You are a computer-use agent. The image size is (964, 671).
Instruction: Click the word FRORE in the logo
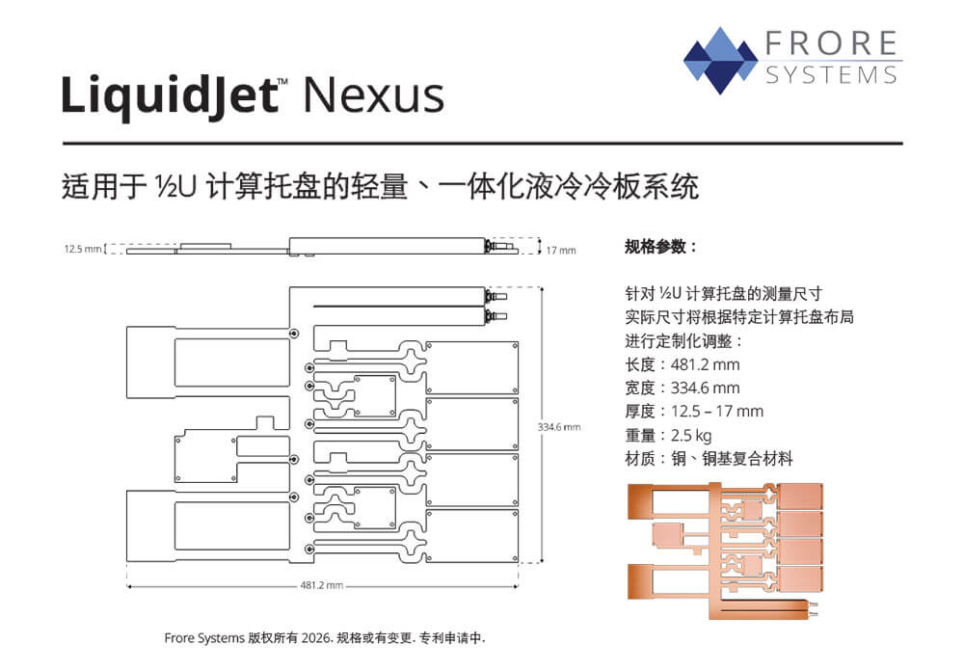pyautogui.click(x=832, y=44)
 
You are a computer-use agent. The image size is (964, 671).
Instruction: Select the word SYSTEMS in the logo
pyautogui.click(x=832, y=75)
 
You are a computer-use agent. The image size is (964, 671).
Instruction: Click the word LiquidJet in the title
pyautogui.click(x=168, y=96)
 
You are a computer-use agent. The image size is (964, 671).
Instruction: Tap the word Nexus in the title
pyautogui.click(x=373, y=96)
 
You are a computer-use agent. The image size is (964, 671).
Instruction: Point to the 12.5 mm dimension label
pyautogui.click(x=83, y=249)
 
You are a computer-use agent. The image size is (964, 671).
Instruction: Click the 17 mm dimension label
pyautogui.click(x=561, y=251)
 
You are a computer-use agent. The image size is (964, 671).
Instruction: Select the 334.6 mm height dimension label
pyautogui.click(x=559, y=426)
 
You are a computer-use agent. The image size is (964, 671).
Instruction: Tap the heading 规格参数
pyautogui.click(x=660, y=247)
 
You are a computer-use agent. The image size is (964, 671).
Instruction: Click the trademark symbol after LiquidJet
pyautogui.click(x=282, y=84)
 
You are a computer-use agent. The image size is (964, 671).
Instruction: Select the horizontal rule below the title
pyautogui.click(x=482, y=144)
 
